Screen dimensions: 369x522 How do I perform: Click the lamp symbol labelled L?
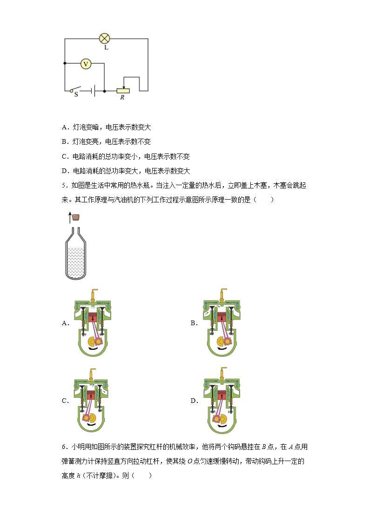(105, 39)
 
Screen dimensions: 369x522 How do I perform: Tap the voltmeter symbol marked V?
(86, 64)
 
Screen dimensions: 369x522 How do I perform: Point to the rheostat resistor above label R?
(123, 91)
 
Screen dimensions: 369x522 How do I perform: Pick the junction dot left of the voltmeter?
(65, 63)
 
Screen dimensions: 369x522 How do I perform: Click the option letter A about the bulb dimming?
(65, 127)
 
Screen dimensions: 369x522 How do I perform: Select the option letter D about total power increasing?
(65, 171)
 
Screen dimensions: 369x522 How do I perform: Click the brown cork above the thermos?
(76, 217)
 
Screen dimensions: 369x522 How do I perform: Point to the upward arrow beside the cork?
(70, 217)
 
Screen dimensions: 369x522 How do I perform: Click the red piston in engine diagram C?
(91, 396)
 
